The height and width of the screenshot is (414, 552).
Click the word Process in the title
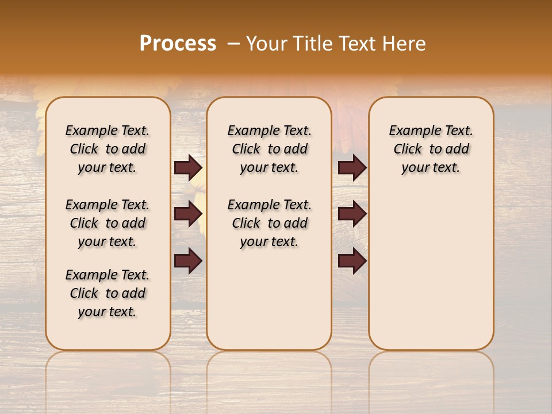click(178, 44)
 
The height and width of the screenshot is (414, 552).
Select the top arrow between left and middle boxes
click(188, 168)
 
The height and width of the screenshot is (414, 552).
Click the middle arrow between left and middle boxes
click(188, 214)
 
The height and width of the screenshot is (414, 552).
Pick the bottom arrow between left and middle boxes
click(188, 261)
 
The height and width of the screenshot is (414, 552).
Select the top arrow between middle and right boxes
click(352, 168)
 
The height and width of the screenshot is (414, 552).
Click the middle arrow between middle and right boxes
click(352, 214)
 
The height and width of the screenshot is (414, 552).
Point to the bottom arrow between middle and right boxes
click(352, 261)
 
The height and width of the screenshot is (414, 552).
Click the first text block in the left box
click(108, 149)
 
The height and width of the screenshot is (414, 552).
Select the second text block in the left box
click(108, 223)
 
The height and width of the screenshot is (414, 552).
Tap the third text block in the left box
click(108, 293)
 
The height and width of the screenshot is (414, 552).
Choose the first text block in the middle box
click(269, 149)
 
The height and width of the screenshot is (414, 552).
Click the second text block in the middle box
click(269, 223)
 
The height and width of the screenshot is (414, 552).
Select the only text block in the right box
click(431, 149)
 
